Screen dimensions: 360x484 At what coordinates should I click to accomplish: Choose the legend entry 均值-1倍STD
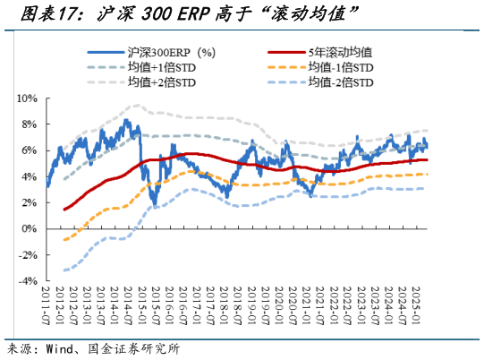pyautogui.click(x=341, y=67)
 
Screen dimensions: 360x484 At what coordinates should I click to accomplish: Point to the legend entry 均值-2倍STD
pyautogui.click(x=341, y=82)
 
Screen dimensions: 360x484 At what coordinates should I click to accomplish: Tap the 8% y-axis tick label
pyautogui.click(x=28, y=124)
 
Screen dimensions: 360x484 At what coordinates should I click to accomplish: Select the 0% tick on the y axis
pyautogui.click(x=28, y=228)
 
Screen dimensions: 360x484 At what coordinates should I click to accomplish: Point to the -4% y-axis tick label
pyautogui.click(x=26, y=280)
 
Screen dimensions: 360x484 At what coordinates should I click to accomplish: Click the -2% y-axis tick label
pyautogui.click(x=26, y=254)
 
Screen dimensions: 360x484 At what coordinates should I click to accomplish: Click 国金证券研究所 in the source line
pyautogui.click(x=134, y=348)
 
